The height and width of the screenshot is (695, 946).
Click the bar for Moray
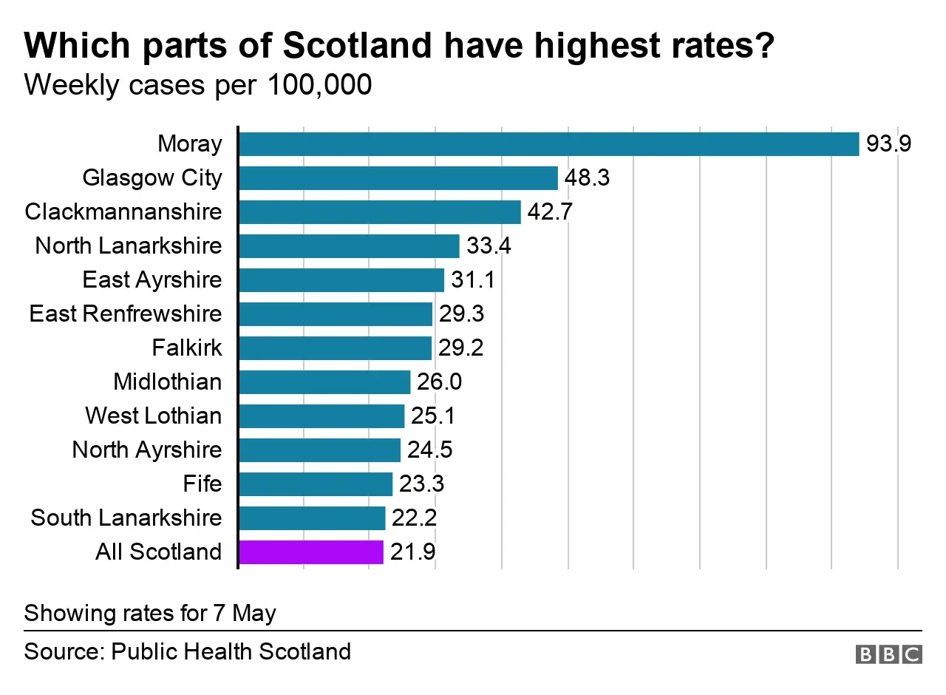[548, 144]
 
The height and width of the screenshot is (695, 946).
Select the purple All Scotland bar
[310, 552]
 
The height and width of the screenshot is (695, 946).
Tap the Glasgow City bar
[398, 178]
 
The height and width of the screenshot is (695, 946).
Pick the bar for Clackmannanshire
[379, 212]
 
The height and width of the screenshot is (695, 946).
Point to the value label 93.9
[889, 144]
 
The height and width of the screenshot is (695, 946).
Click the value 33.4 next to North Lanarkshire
[489, 246]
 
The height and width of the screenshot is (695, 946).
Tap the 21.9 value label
[412, 552]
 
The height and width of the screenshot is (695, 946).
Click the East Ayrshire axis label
[152, 280]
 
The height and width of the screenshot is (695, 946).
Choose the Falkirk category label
[186, 348]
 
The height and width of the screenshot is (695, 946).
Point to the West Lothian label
[153, 416]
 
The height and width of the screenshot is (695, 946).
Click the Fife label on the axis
[202, 484]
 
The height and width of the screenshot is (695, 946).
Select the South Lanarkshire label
[126, 518]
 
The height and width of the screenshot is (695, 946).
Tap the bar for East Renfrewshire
[335, 314]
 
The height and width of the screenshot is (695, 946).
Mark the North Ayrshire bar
[319, 450]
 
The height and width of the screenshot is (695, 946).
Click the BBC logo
[889, 654]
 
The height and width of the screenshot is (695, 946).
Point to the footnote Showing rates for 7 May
[150, 613]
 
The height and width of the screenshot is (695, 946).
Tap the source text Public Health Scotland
[231, 651]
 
